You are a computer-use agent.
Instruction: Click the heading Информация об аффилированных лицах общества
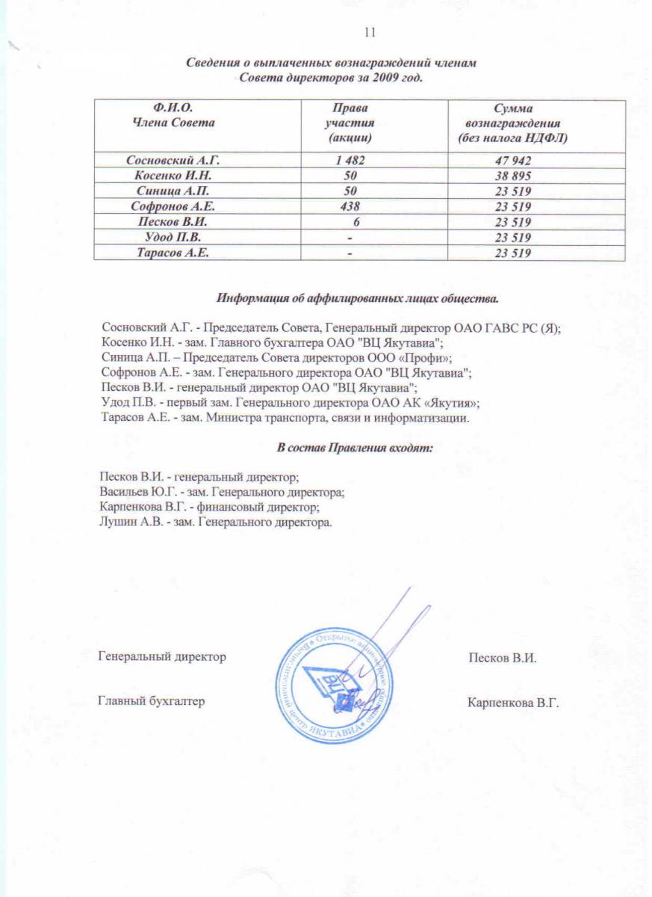[x=357, y=299]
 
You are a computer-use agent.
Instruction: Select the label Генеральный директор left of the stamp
[x=162, y=656]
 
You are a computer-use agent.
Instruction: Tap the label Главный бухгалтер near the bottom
[x=152, y=701]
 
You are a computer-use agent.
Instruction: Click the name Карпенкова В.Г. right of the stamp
[x=513, y=703]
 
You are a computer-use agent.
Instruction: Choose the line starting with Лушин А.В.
[x=215, y=522]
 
